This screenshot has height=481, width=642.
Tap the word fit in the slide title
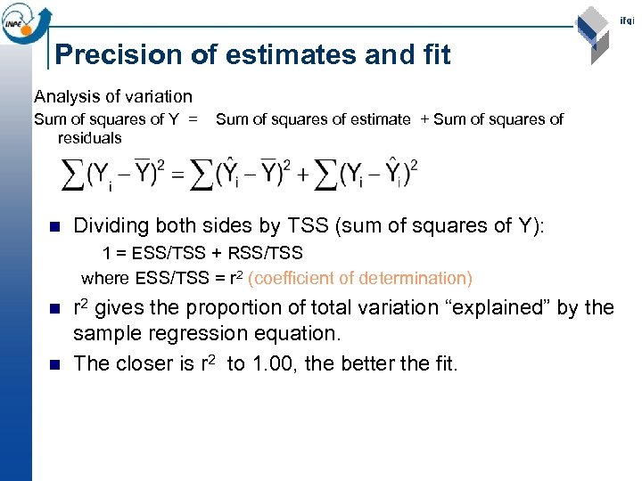coord(432,55)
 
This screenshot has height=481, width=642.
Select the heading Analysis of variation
coord(112,96)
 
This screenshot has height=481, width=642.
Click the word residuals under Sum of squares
coord(89,138)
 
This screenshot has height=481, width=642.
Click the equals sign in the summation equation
coord(178,175)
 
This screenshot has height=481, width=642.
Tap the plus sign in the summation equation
coord(303,175)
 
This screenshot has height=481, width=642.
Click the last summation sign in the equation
coord(326,175)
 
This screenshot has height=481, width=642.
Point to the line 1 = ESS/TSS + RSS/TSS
coord(202,254)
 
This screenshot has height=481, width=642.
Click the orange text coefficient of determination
coord(360,278)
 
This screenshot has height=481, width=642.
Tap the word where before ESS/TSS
coord(106,278)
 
